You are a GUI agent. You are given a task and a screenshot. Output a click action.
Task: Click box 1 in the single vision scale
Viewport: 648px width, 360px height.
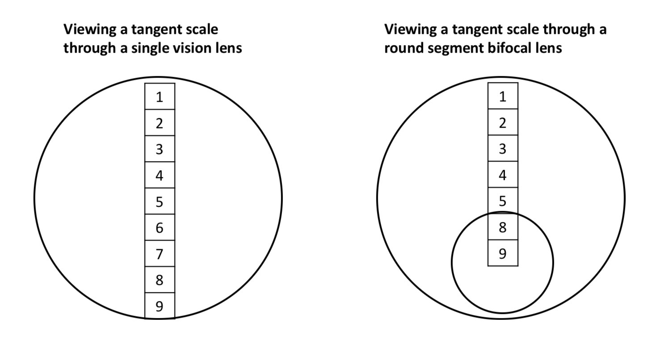coord(160,96)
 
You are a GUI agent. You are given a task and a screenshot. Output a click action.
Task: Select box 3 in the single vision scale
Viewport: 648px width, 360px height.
coord(160,149)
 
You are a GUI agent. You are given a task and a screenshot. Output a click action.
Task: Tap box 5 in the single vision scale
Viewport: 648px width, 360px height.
coord(160,201)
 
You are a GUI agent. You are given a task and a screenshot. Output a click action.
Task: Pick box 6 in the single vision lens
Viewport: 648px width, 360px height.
coord(160,228)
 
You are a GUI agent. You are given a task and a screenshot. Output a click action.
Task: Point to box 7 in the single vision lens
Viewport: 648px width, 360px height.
coord(160,254)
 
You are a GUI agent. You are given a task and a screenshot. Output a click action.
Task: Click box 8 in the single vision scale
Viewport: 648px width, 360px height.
coord(160,280)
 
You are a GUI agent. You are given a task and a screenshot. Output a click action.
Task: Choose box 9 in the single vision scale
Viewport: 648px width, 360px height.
coord(160,306)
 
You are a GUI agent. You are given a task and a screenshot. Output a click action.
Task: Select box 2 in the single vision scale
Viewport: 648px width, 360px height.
coord(160,123)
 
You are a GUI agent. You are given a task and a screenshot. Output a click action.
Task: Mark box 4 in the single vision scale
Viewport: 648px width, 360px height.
coord(160,175)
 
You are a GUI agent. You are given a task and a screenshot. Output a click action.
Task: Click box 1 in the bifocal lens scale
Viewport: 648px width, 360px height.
coord(503,96)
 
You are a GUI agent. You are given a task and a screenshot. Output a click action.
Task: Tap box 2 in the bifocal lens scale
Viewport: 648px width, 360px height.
coord(503,122)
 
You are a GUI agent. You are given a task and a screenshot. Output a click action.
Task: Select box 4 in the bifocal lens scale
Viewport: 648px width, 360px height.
coord(503,175)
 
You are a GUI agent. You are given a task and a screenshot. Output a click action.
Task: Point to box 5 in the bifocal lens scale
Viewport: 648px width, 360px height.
coord(503,200)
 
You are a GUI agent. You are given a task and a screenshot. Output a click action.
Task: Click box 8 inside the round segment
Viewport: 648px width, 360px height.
coord(503,227)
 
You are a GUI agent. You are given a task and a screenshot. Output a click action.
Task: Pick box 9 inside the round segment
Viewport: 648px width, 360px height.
coord(503,253)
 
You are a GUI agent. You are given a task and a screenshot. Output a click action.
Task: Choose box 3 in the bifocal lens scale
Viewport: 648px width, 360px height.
coord(503,148)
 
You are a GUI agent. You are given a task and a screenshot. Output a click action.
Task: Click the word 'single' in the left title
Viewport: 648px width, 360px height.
coord(152,48)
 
